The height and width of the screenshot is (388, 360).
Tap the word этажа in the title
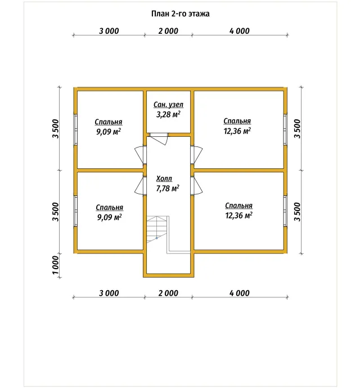pyautogui.click(x=199, y=14)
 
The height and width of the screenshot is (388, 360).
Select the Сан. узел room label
pyautogui.click(x=168, y=105)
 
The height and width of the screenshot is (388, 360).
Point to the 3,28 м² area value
pyautogui.click(x=168, y=114)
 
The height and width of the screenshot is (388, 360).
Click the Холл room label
pyautogui.click(x=164, y=179)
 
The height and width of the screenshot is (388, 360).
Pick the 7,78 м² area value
pyautogui.click(x=168, y=188)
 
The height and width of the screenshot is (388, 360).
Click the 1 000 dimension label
pyautogui.click(x=56, y=265)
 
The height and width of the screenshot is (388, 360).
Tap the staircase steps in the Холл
pyautogui.click(x=157, y=229)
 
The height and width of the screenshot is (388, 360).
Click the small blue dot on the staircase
pyautogui.click(x=156, y=238)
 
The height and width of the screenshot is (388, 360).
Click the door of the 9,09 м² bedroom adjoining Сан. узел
pyautogui.click(x=139, y=155)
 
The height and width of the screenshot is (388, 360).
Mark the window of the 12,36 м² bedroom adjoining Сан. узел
pyautogui.click(x=285, y=130)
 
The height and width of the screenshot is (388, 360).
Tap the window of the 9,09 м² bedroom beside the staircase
pyautogui.click(x=76, y=211)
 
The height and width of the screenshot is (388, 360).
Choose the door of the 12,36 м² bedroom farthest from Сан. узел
pyautogui.click(x=197, y=186)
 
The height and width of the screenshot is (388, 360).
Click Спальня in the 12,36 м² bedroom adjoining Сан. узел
pyautogui.click(x=237, y=121)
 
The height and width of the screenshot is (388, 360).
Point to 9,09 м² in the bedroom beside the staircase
pyautogui.click(x=109, y=217)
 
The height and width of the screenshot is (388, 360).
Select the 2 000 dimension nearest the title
pyautogui.click(x=168, y=31)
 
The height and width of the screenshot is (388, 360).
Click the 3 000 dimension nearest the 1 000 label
pyautogui.click(x=109, y=293)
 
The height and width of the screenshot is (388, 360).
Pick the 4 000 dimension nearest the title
pyautogui.click(x=239, y=31)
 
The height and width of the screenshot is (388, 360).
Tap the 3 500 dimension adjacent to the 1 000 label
pyautogui.click(x=56, y=212)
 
